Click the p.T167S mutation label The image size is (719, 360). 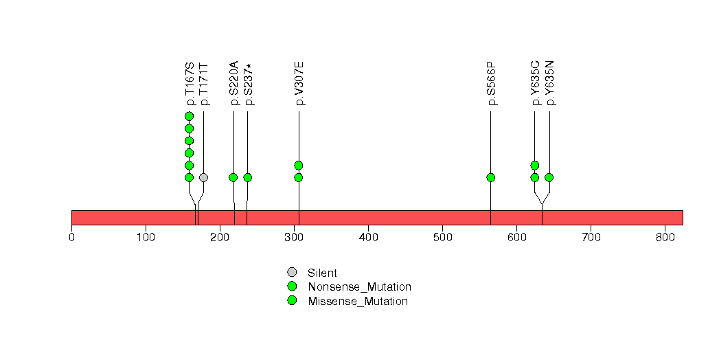pos(190,84)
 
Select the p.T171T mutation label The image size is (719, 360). pos(205,84)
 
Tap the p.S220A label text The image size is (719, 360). pos(234,83)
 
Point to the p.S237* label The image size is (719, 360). pos(249,85)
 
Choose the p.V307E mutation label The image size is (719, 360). pos(300,83)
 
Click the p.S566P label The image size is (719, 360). pos(492,83)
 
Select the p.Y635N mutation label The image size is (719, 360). pos(550,83)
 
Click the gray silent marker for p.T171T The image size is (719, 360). pos(203,177)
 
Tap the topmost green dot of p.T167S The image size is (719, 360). pos(189,116)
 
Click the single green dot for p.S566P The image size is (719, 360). pos(490,177)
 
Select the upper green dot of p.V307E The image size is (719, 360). pos(299,165)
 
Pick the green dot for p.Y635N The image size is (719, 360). pos(549,177)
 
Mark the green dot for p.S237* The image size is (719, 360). pos(248,177)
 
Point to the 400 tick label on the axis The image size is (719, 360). pos(369,238)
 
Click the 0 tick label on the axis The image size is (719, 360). pos(72,238)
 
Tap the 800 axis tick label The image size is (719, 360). pos(665,238)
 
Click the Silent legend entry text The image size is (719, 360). pos(322,273)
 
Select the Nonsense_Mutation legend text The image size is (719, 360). pos(360,287)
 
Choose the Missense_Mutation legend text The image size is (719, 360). pos(358,302)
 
